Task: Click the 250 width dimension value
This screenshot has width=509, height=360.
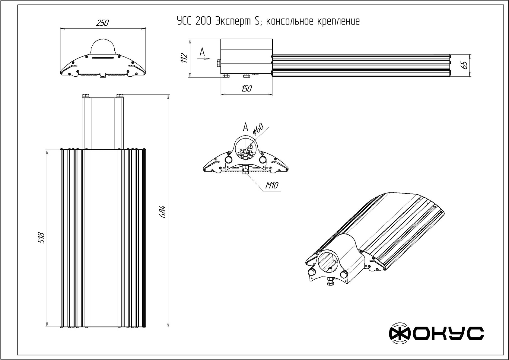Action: (x=103, y=23)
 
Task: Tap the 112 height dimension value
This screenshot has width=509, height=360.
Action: (x=185, y=58)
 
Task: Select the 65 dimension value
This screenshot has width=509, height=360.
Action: (x=465, y=65)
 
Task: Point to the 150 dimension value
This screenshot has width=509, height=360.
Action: (x=247, y=89)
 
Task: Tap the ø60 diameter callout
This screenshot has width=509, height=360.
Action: (x=258, y=129)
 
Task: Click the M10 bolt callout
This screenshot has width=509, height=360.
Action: (x=272, y=186)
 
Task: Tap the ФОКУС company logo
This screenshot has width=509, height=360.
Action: (x=436, y=333)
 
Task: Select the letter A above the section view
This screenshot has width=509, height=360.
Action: (x=246, y=127)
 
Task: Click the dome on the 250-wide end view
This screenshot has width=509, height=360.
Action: (x=103, y=47)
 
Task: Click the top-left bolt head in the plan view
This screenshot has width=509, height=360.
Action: (x=85, y=96)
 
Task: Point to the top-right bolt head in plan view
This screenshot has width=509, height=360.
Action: (x=119, y=96)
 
